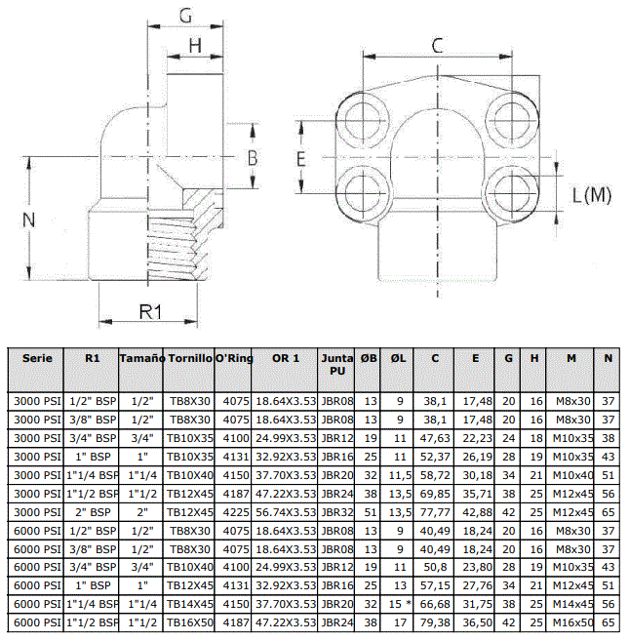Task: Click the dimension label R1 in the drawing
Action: pos(151,312)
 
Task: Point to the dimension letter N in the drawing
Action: pos(28,220)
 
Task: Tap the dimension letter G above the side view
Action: pos(185,16)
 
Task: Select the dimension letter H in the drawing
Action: pos(195,46)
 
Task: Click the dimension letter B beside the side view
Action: pos(253,158)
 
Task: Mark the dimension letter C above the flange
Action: pos(437,46)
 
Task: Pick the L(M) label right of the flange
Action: pos(592,195)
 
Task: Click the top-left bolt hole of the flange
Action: pos(362,119)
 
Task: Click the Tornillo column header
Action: pos(190,358)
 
